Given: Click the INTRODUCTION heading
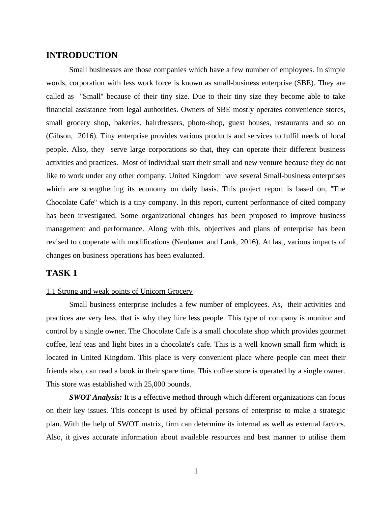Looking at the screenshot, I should [x=82, y=55].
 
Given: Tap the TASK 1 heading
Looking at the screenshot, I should [x=62, y=273].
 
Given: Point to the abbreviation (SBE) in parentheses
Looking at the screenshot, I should [x=304, y=83].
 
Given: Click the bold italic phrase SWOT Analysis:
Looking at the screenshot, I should [x=96, y=397].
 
